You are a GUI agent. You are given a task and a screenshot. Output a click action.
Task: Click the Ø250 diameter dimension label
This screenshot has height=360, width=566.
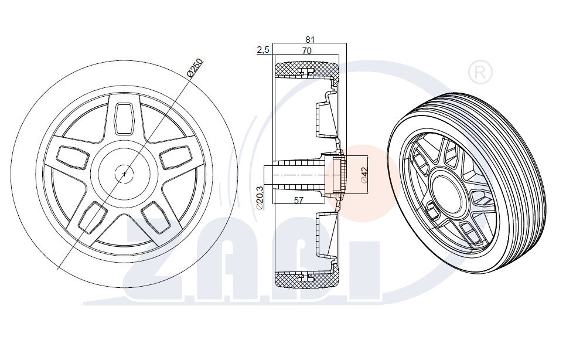tap(195, 68)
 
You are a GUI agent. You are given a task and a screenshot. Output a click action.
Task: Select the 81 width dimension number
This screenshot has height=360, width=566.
tap(310, 40)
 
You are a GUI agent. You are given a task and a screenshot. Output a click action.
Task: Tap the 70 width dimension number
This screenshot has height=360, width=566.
tap(306, 51)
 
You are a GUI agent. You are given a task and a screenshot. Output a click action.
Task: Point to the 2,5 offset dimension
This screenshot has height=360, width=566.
tap(262, 50)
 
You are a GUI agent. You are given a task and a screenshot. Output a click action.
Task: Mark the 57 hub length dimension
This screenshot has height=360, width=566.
tap(298, 201)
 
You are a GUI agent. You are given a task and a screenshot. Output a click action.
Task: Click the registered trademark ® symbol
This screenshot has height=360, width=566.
tap(480, 73)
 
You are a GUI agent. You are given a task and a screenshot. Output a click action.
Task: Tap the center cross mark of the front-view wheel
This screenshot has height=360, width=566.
tap(124, 174)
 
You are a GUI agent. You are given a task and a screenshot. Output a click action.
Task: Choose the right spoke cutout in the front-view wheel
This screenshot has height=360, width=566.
tap(176, 156)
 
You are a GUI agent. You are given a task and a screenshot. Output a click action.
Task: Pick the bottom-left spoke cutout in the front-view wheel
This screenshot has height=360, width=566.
tap(91, 217)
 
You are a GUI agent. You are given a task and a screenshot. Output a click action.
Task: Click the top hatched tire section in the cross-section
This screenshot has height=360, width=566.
tap(306, 70)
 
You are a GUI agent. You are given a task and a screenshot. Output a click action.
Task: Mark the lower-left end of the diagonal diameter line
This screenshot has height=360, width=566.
tap(57, 269)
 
